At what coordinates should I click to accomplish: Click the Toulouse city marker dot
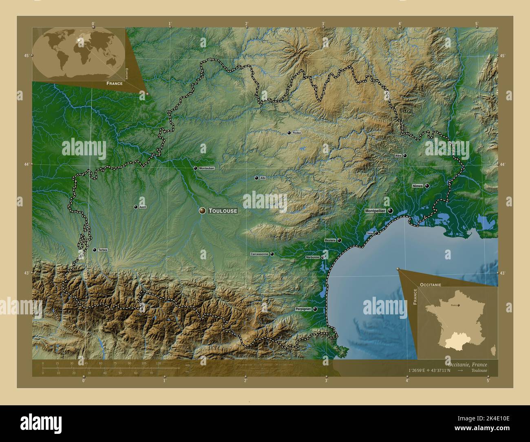click(202, 210)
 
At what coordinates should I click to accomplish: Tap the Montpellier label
click(375, 211)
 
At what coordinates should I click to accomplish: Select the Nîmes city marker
click(427, 186)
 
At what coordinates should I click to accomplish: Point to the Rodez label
click(297, 133)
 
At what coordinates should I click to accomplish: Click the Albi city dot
click(256, 178)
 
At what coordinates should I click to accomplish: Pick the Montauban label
click(206, 168)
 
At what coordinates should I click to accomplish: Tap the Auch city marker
click(136, 207)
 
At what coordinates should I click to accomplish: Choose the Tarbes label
click(102, 250)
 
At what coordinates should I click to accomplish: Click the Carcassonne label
click(259, 254)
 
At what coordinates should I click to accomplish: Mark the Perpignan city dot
click(315, 309)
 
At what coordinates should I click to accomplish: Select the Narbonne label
click(313, 257)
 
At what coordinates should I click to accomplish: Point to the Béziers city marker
click(339, 240)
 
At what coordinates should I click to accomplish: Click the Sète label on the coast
click(370, 233)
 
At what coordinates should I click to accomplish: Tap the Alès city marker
click(405, 155)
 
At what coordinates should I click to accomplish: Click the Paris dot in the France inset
click(459, 305)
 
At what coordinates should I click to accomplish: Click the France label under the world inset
click(115, 83)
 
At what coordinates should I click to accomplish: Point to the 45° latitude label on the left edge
click(26, 56)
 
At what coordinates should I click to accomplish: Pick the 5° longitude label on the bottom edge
click(488, 380)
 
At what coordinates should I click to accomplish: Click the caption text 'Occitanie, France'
click(466, 364)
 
